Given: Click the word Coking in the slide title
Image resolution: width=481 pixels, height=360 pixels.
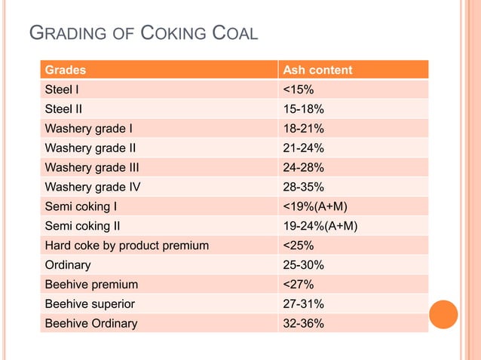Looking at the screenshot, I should (174, 34).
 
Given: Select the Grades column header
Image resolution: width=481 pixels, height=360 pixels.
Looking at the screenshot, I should (66, 70).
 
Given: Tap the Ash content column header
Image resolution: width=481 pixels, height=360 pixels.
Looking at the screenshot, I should (317, 70).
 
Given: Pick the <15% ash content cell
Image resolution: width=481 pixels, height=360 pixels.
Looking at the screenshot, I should (299, 90).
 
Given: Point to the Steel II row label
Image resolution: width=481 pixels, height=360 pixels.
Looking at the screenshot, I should (64, 109).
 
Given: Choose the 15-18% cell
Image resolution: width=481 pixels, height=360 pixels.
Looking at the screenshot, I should (303, 109).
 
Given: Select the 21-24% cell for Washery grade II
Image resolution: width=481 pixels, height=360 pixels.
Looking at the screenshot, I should (303, 148).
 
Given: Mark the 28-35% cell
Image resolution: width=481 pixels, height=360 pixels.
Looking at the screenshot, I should (303, 187).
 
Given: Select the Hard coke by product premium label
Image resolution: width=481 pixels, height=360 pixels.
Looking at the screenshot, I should (127, 246).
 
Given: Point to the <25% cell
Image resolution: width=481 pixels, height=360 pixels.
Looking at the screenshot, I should (299, 246).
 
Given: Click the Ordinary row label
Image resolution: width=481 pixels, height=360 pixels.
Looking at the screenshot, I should (68, 265).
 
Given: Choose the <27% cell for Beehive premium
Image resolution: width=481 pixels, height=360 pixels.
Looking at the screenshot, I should (299, 285).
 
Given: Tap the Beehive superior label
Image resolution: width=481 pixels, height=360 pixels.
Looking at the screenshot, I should (90, 304).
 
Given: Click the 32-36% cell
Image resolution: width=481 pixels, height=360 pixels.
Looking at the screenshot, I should (303, 324).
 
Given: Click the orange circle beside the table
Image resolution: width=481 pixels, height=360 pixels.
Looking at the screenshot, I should (444, 314).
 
